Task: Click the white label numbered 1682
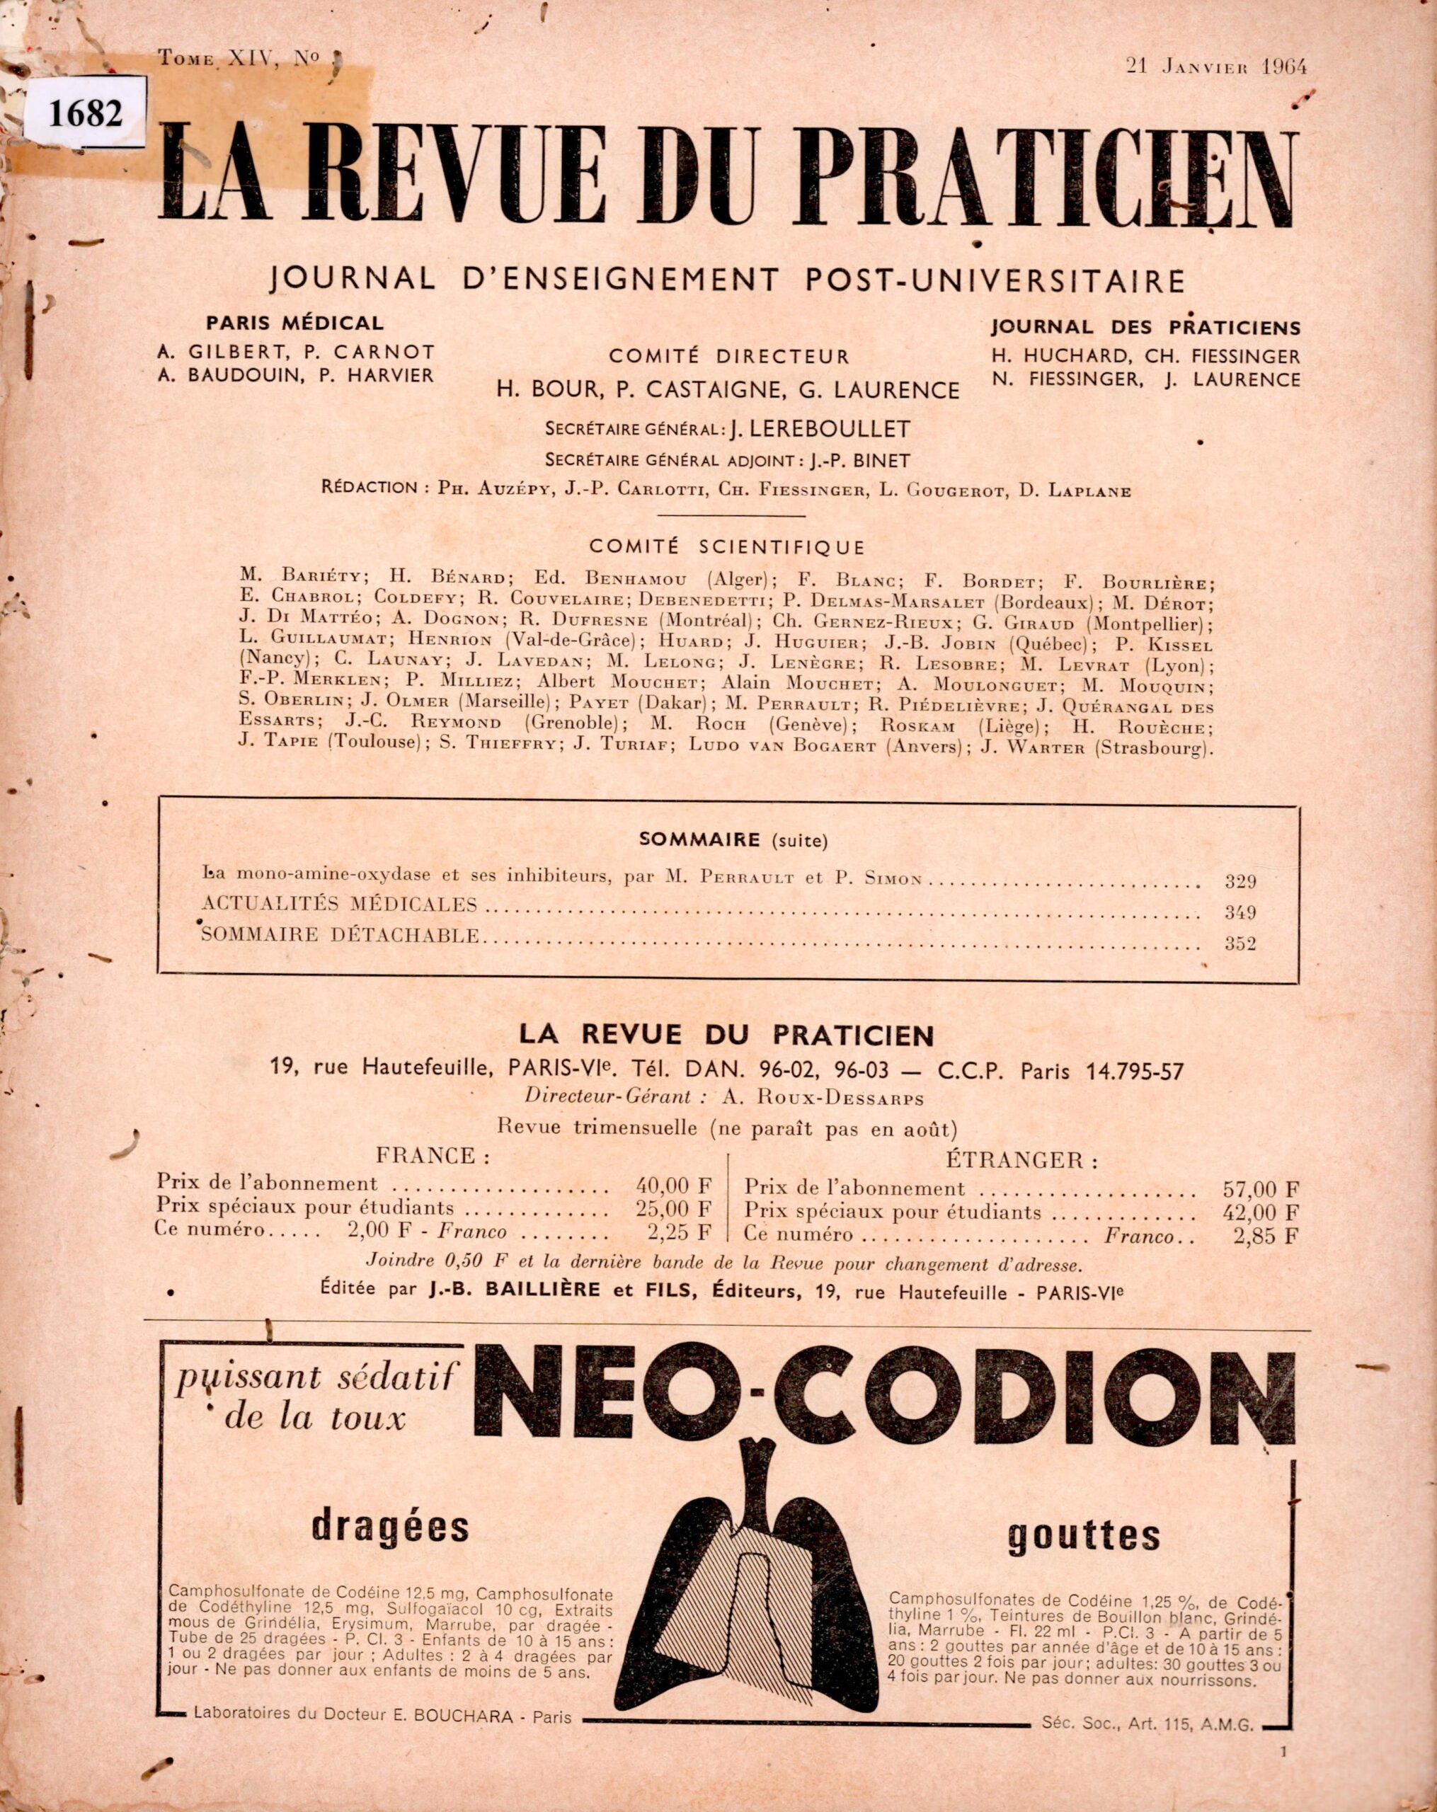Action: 86,113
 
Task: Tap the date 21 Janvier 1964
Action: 1216,67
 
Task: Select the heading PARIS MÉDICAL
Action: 295,323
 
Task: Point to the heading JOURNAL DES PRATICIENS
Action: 1145,328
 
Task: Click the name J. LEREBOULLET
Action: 819,430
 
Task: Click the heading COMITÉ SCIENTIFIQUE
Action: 727,547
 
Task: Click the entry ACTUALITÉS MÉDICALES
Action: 340,905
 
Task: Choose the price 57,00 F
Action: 1261,1189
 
